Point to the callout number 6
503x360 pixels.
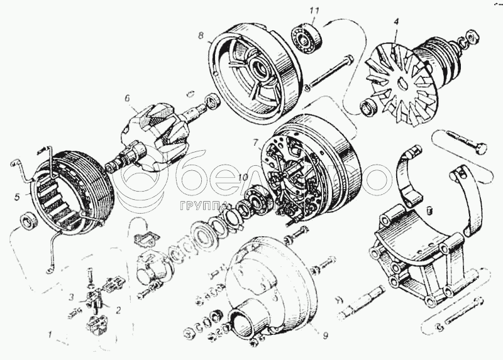point(126,98)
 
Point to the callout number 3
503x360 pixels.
point(72,297)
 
